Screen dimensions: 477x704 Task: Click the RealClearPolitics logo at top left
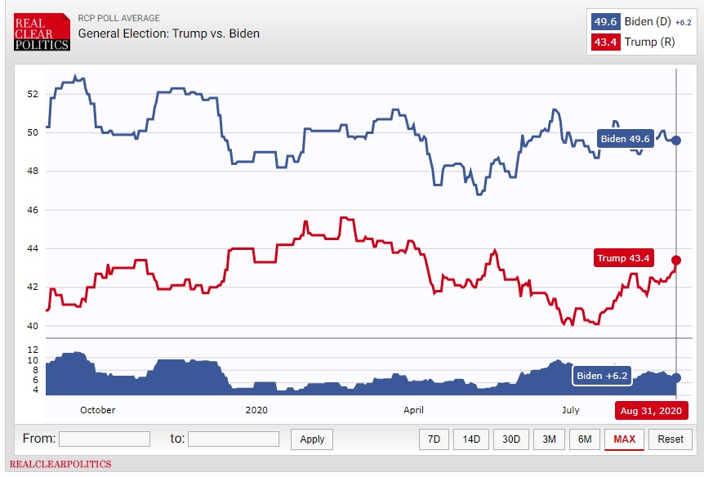click(42, 32)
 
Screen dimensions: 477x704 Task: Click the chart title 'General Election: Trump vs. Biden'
click(169, 33)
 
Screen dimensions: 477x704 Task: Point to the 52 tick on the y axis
click(33, 94)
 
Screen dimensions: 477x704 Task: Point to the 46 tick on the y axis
click(33, 210)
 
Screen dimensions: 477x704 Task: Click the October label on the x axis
click(97, 409)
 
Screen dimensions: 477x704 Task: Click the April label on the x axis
click(413, 409)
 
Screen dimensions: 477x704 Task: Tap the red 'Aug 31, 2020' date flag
click(651, 410)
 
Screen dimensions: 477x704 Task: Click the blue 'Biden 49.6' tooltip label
click(626, 139)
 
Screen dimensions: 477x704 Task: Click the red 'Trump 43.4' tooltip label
click(623, 259)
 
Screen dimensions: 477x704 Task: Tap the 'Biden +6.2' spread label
click(603, 376)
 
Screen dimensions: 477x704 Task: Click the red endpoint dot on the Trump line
click(676, 260)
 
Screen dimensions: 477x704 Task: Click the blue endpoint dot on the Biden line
click(676, 140)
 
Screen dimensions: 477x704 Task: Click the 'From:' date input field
click(105, 439)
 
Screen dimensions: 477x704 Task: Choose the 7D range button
click(434, 439)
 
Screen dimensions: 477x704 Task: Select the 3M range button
click(549, 439)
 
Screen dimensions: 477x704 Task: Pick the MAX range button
click(625, 439)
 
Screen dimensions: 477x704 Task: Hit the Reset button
click(671, 439)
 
